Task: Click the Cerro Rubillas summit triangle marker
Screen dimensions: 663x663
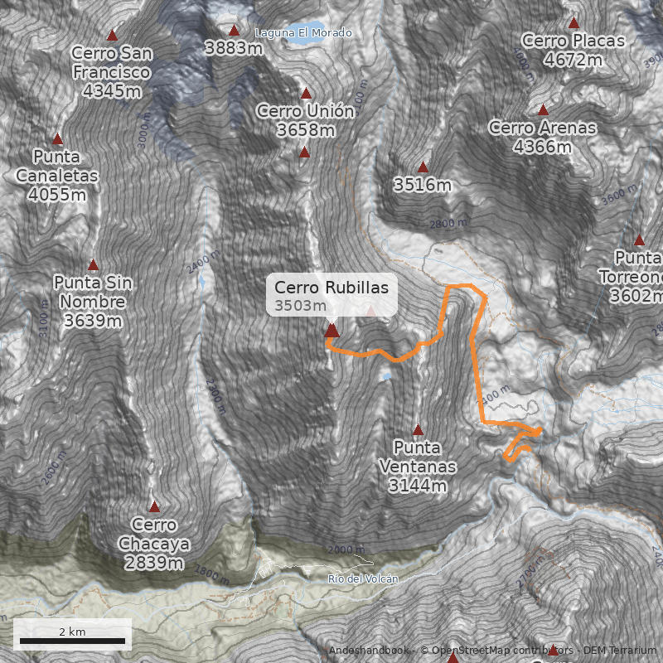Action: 331,331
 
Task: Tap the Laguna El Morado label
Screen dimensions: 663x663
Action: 304,32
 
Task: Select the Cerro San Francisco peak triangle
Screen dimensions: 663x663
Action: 112,36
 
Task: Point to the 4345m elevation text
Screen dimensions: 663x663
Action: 111,90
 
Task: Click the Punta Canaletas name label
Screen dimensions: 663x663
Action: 57,166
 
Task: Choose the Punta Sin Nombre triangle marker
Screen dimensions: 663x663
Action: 93,265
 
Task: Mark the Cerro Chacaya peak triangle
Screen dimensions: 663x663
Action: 154,506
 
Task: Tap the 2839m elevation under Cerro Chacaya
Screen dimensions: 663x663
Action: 154,563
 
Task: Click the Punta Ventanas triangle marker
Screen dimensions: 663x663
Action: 418,430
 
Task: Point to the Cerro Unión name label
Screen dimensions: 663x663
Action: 306,111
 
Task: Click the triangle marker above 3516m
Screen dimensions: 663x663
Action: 423,167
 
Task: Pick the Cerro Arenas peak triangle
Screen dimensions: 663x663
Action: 543,110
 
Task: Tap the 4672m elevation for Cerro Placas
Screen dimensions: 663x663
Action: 573,60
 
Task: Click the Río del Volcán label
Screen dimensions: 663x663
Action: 363,578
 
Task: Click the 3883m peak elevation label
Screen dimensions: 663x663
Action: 234,48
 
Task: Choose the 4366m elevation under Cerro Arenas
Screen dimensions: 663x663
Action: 543,147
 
